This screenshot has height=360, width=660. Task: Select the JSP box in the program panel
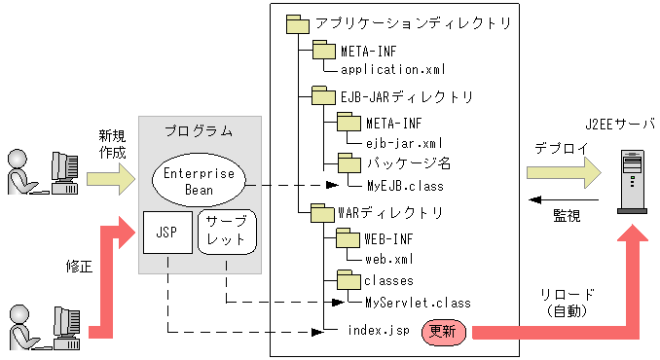(165, 234)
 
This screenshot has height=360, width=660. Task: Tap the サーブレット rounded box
(228, 233)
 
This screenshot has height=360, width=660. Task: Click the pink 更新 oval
(444, 331)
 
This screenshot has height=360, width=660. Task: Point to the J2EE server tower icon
(633, 174)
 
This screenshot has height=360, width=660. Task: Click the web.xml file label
(389, 258)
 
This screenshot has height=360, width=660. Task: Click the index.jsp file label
(379, 331)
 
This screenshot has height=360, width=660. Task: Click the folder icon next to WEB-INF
(348, 236)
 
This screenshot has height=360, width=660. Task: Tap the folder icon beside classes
(348, 279)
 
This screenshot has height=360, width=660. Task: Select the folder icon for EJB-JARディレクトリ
(323, 95)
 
